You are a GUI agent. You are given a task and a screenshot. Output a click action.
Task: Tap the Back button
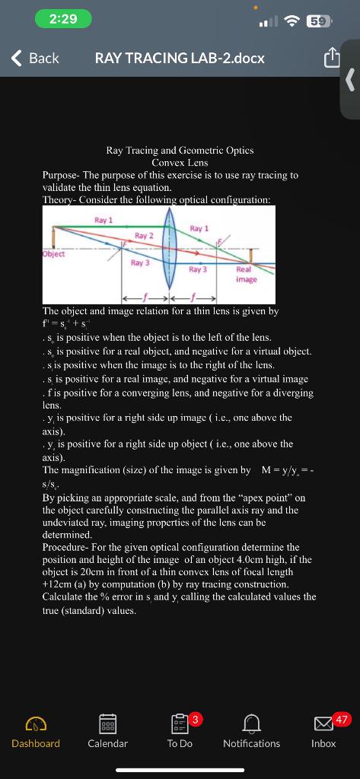[36, 58]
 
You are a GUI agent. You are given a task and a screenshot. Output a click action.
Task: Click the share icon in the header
[331, 58]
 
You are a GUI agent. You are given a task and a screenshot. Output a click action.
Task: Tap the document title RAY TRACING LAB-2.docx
[180, 58]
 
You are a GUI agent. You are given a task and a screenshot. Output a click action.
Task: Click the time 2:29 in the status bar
[63, 19]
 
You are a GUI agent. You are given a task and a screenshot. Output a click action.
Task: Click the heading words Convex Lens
[180, 163]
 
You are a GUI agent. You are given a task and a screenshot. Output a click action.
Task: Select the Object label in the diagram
[53, 254]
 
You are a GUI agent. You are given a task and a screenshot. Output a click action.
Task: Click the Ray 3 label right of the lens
[198, 269]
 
